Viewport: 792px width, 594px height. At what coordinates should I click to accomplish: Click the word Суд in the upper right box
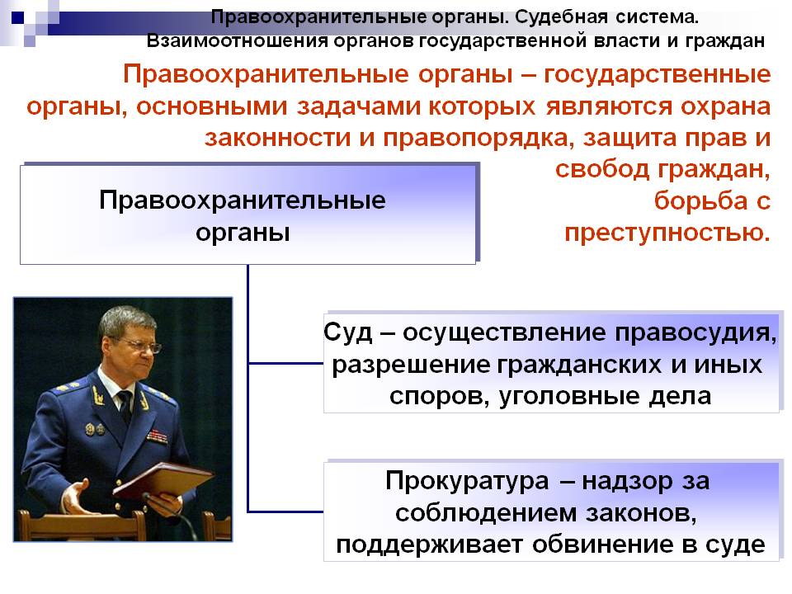tap(348, 332)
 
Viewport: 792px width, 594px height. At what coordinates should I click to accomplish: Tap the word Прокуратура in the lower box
tap(467, 482)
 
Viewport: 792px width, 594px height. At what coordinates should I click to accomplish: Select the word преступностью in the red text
tap(667, 233)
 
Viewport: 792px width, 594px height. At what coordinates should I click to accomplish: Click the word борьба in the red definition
tap(700, 201)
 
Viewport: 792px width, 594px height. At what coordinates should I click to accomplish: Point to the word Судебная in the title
tap(561, 16)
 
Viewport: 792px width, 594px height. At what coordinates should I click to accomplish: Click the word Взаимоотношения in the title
tap(238, 40)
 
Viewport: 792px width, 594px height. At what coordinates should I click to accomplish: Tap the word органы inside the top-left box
tap(243, 233)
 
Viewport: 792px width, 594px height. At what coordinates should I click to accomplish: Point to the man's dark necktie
tap(125, 405)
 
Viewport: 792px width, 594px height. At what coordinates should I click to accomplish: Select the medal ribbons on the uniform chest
tap(157, 436)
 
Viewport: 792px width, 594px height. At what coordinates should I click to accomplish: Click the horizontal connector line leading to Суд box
tap(286, 363)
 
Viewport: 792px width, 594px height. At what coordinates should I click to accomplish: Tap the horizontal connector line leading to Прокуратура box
tap(286, 511)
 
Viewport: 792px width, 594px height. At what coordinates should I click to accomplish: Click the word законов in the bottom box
tap(642, 513)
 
